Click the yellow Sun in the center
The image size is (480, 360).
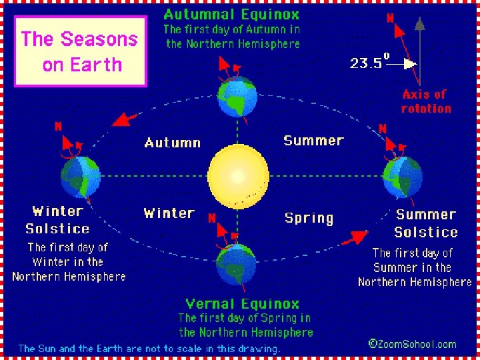(x=239, y=176)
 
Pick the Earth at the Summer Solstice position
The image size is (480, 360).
(x=402, y=177)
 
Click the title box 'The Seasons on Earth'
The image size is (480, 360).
(x=80, y=51)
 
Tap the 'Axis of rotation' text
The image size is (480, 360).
(x=426, y=101)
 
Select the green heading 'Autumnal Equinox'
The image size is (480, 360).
(x=231, y=14)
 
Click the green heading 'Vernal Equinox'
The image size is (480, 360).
(x=243, y=304)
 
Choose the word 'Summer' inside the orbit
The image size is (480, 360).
(x=313, y=141)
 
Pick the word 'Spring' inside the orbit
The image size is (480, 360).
(x=309, y=218)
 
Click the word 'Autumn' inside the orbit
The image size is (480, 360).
(x=172, y=143)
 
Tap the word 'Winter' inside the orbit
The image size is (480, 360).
(x=169, y=213)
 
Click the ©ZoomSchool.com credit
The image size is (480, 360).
(x=412, y=344)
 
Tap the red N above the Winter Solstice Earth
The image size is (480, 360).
(x=59, y=126)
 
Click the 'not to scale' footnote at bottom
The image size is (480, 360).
(x=149, y=348)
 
